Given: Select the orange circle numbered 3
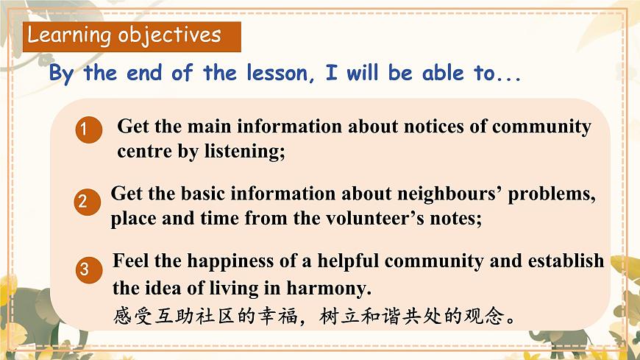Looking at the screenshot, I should click(85, 270).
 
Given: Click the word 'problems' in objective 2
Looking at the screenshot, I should click(552, 194).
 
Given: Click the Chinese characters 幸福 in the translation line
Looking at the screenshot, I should click(284, 317).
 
